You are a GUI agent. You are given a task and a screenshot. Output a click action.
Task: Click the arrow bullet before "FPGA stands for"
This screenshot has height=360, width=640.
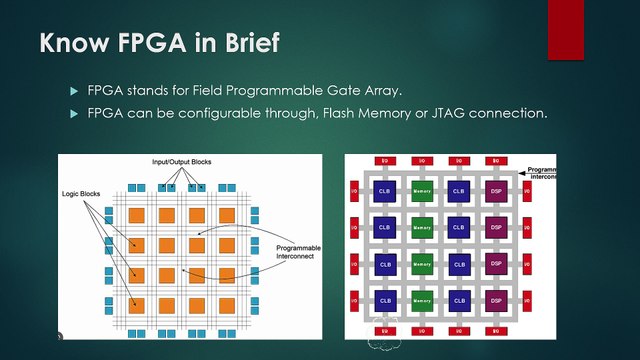pyautogui.click(x=73, y=92)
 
